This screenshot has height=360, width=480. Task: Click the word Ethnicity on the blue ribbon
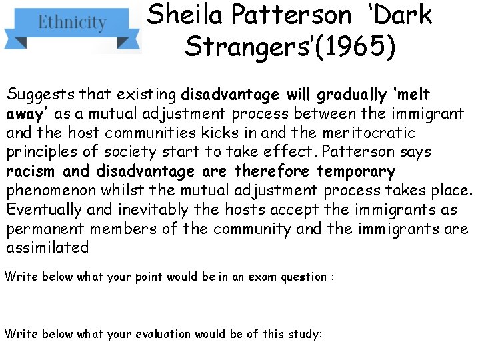[x=72, y=23]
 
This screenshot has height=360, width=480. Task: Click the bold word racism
[x=31, y=171]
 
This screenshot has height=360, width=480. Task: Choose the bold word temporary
[x=356, y=171]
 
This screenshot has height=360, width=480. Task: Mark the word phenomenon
[x=47, y=191]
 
